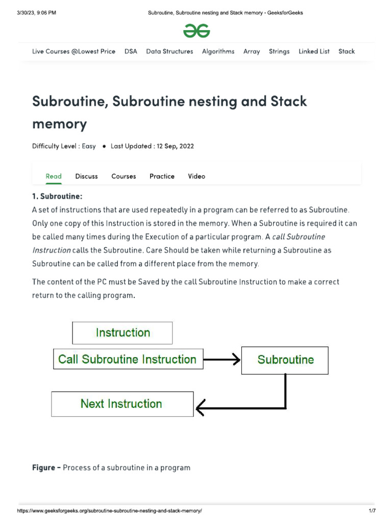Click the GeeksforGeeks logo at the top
[x=197, y=31]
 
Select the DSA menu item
[x=131, y=51]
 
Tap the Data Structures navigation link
[x=169, y=51]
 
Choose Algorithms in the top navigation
[x=218, y=51]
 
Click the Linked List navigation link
[x=314, y=51]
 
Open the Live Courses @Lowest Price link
[x=73, y=51]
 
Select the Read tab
[x=54, y=176]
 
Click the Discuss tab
[x=86, y=176]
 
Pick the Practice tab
[x=162, y=176]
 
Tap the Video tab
[x=197, y=176]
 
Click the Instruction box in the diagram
[x=122, y=333]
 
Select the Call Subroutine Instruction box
[x=128, y=359]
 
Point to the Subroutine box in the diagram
[x=285, y=360]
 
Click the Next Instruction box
[x=122, y=404]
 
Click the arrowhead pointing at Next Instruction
[x=200, y=407]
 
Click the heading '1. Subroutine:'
[x=57, y=196]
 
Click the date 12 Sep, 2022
[x=173, y=146]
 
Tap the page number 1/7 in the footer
[x=372, y=511]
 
